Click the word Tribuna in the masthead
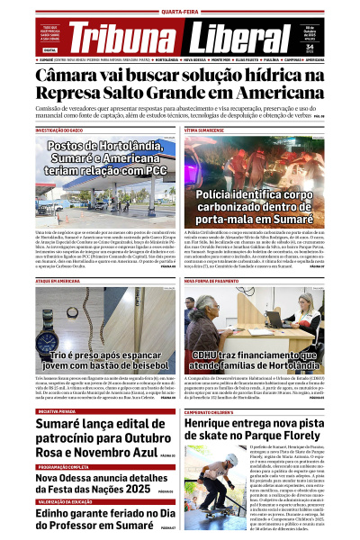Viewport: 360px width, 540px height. [121, 39]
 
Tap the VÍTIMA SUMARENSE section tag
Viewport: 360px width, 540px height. [204, 130]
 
